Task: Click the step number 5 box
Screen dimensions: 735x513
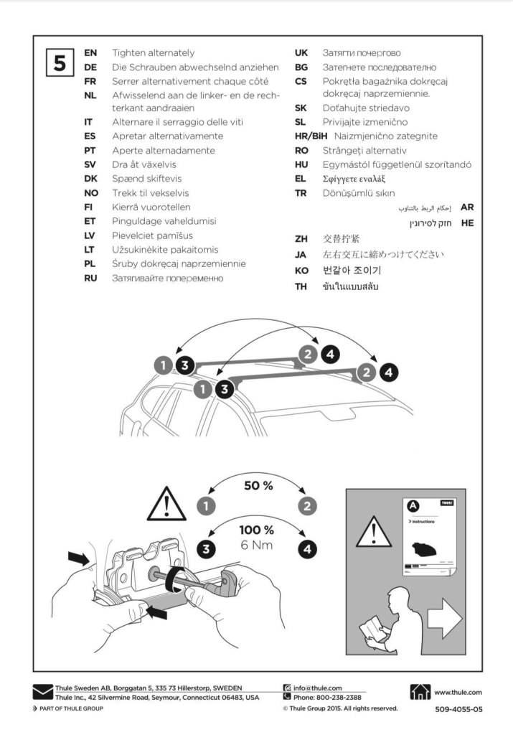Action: (x=59, y=62)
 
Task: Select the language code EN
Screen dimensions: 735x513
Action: (x=90, y=53)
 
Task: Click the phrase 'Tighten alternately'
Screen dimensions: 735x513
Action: (x=153, y=53)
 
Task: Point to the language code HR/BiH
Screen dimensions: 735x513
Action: (x=311, y=136)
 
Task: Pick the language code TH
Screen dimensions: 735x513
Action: (x=301, y=286)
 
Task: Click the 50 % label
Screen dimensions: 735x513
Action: (x=258, y=486)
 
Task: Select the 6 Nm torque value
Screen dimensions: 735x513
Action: (x=257, y=546)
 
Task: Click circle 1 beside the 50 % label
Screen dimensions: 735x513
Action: (x=207, y=505)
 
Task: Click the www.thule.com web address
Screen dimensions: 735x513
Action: (x=458, y=692)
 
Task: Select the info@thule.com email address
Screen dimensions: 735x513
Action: (x=318, y=688)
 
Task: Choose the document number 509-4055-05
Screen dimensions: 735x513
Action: (x=458, y=709)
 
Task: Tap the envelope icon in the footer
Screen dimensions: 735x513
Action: (x=42, y=693)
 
